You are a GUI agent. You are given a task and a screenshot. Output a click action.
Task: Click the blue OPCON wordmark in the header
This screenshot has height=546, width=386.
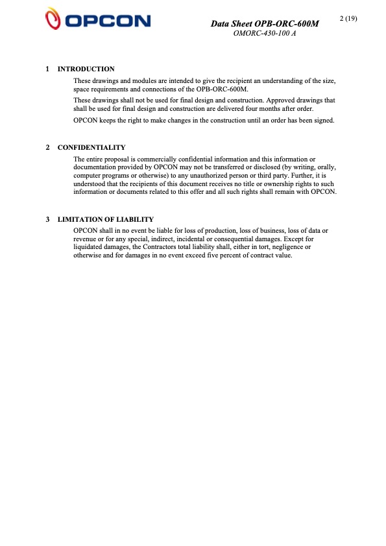tap(108, 21)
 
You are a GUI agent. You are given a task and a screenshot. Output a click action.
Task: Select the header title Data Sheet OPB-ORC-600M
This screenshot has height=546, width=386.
tap(265, 24)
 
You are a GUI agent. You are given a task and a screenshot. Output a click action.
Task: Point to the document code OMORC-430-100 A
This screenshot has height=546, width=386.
tap(264, 33)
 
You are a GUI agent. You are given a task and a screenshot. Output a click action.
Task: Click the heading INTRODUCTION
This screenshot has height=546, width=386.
tap(86, 69)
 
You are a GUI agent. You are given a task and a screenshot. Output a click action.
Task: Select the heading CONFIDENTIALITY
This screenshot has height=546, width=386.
tap(91, 148)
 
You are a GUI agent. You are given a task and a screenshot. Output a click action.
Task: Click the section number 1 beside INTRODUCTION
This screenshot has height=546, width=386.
tap(48, 69)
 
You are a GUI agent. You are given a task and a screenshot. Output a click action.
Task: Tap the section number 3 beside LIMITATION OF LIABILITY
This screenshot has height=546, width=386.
tap(48, 219)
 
